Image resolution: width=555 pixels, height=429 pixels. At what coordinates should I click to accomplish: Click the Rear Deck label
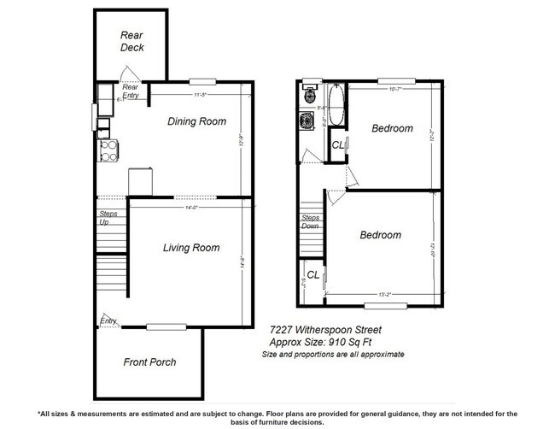pyautogui.click(x=131, y=41)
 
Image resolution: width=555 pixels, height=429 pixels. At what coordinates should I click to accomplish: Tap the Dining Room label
pyautogui.click(x=196, y=121)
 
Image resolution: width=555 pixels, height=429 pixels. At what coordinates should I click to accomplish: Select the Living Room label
pyautogui.click(x=191, y=248)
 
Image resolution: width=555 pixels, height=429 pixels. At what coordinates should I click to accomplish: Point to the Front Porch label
pyautogui.click(x=149, y=361)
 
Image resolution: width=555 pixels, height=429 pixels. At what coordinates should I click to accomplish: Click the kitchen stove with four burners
pyautogui.click(x=109, y=150)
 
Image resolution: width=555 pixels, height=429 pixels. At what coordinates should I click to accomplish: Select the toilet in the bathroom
pyautogui.click(x=308, y=96)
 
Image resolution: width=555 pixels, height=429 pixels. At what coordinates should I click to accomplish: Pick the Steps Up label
pyautogui.click(x=108, y=217)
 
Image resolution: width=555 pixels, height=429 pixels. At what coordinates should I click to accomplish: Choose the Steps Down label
pyautogui.click(x=310, y=222)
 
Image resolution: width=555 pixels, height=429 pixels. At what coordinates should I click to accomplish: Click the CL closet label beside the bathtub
pyautogui.click(x=338, y=145)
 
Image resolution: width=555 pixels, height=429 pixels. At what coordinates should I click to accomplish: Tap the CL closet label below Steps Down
pyautogui.click(x=313, y=274)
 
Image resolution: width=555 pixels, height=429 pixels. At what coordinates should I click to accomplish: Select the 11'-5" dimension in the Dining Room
pyautogui.click(x=202, y=94)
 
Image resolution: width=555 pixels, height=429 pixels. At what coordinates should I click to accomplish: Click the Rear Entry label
pyautogui.click(x=131, y=91)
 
